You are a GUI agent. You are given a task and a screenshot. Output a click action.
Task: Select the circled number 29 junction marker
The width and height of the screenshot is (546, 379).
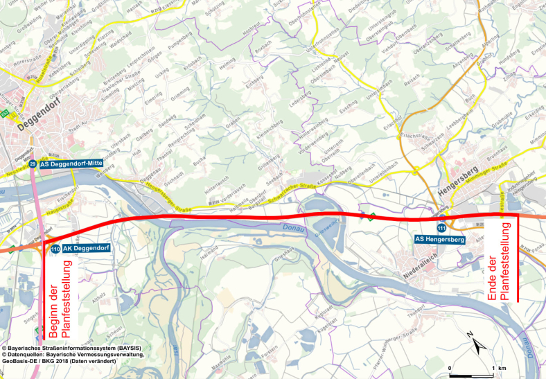click(x=33, y=164)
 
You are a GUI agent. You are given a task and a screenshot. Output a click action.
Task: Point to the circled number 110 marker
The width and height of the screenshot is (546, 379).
click(x=54, y=248)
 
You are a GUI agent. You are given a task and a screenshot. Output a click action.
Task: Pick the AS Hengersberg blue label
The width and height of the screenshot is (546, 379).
click(x=439, y=239)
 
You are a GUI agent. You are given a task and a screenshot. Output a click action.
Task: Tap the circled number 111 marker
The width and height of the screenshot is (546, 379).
click(x=441, y=228)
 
